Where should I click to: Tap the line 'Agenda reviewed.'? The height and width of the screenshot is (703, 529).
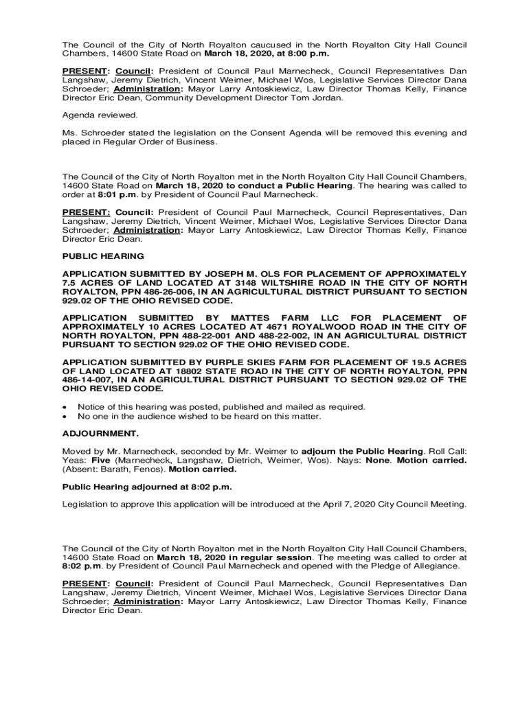[x=100, y=115]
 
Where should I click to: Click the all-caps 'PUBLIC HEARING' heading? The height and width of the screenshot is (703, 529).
[x=103, y=256]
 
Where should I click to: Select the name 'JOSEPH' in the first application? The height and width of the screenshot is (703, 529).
[x=229, y=273]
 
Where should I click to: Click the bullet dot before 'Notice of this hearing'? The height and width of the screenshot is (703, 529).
[x=65, y=407]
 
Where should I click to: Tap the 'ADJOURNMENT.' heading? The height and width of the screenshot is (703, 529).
[x=100, y=434]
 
